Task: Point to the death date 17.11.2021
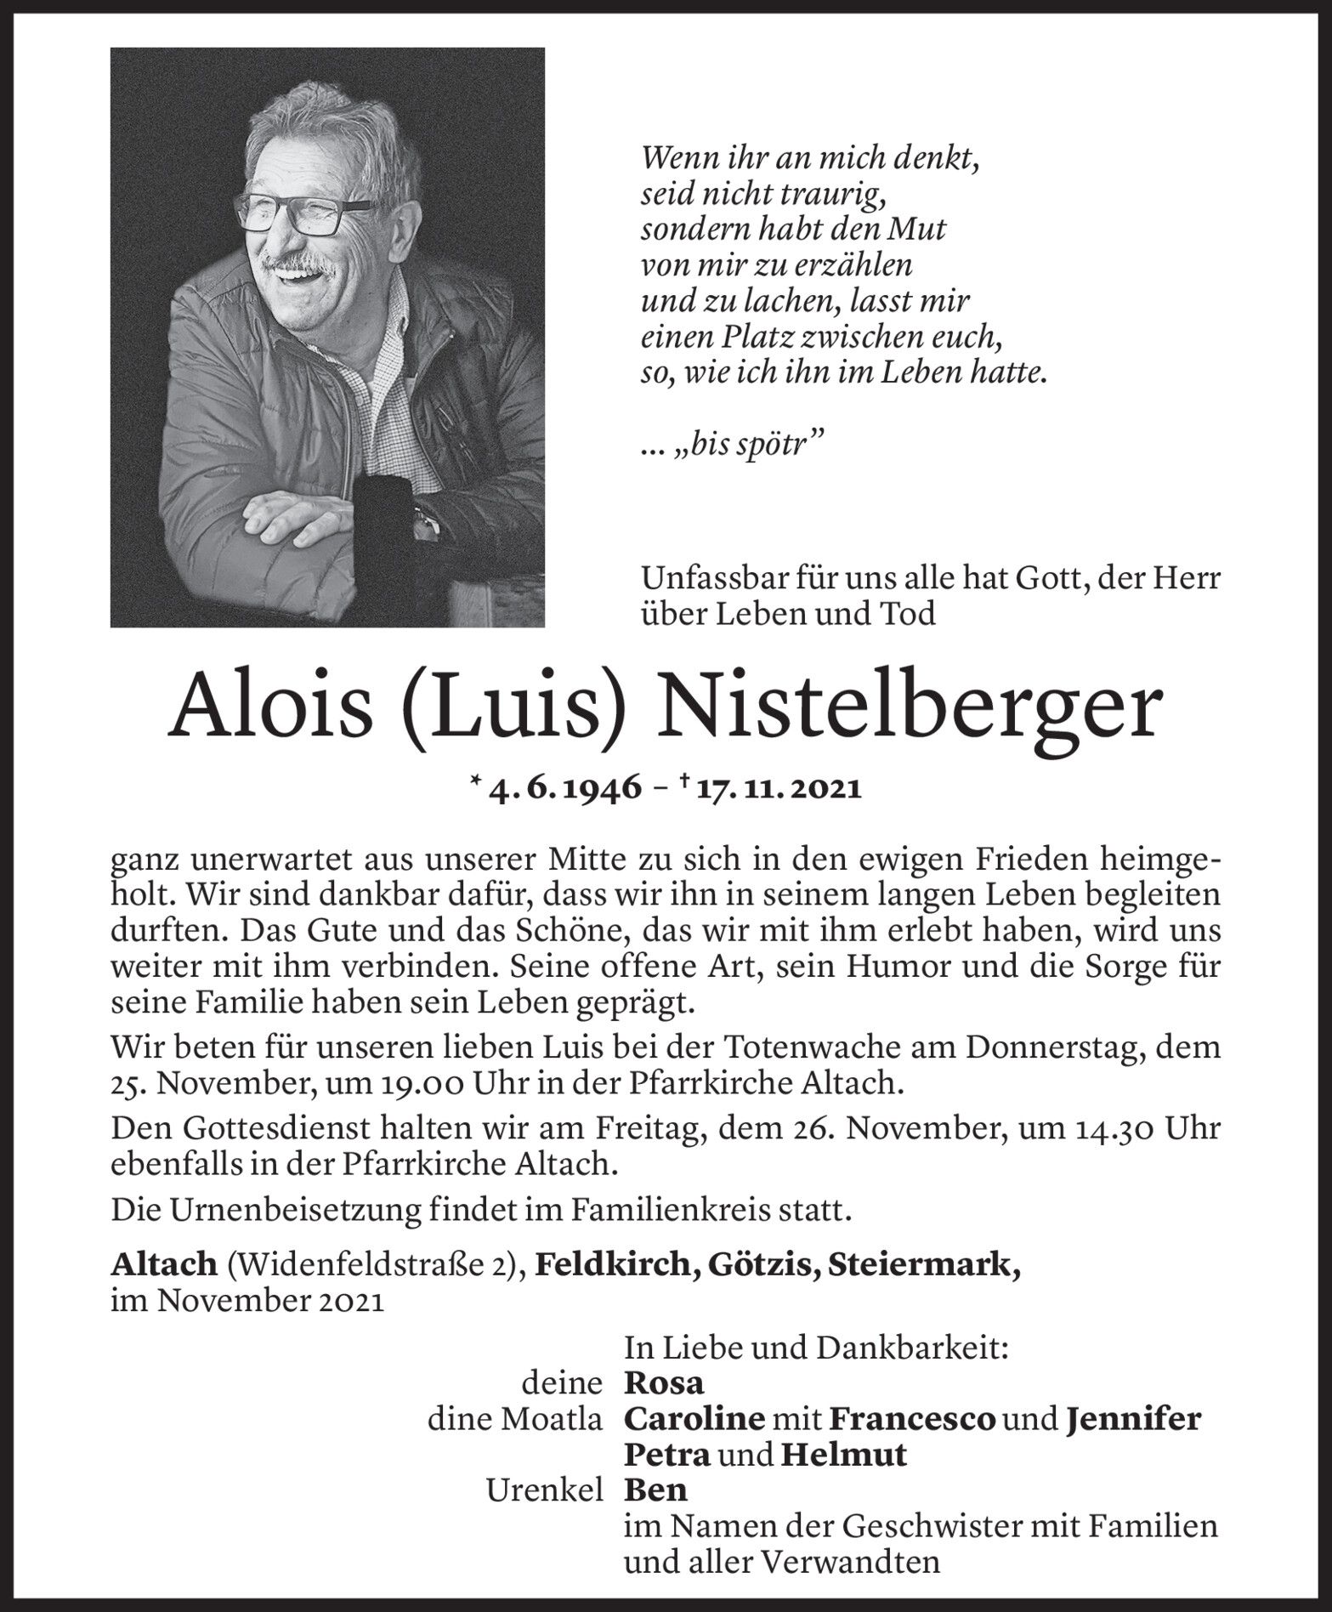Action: (x=778, y=789)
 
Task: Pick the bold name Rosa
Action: (x=664, y=1383)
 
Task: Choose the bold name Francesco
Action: (x=911, y=1419)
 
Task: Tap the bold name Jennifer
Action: (x=1133, y=1419)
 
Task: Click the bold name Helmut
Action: (x=844, y=1455)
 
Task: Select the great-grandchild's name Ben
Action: (x=655, y=1490)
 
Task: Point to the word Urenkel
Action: (x=544, y=1490)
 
